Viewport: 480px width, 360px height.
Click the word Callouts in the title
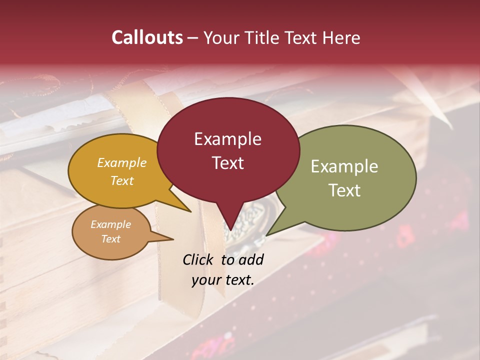147,37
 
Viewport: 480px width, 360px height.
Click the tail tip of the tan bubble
173,239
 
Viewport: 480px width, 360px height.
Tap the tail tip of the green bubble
266,235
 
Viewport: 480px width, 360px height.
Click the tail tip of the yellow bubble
190,212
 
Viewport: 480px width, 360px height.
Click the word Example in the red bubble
227,139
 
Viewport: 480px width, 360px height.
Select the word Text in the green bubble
344,190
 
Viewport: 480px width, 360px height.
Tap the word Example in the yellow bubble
122,162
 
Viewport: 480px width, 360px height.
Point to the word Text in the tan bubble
111,239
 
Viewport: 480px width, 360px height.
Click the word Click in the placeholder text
199,259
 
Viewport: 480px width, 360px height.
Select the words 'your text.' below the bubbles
223,280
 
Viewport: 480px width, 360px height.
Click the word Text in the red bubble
228,163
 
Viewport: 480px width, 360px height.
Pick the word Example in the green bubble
344,166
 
